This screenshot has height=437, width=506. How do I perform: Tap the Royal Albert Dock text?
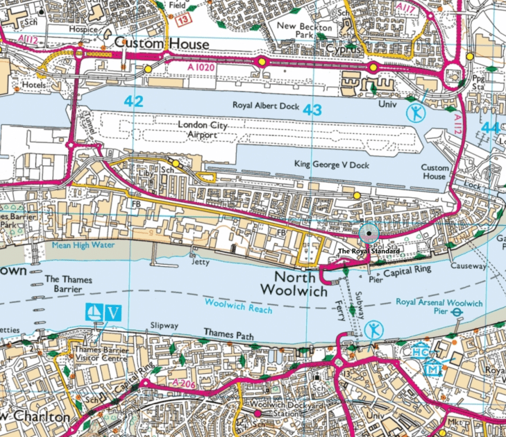(x=264, y=106)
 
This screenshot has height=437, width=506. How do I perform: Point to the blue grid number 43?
(x=312, y=110)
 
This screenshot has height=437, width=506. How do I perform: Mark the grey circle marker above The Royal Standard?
(x=368, y=233)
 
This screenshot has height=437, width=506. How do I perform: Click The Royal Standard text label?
(x=368, y=251)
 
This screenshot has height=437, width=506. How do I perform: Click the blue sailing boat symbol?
(x=94, y=312)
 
